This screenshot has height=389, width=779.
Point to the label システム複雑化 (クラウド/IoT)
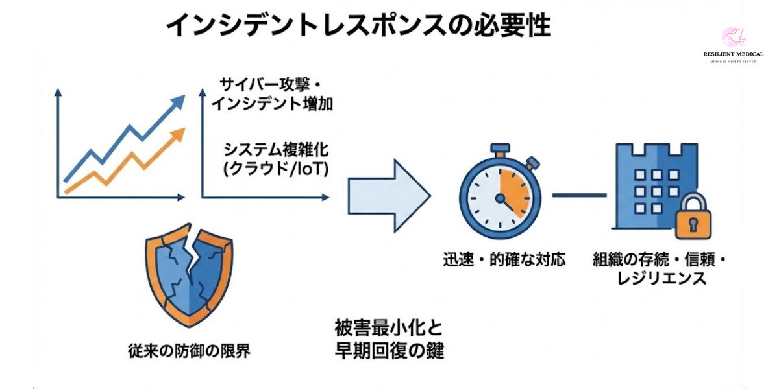coord(277,159)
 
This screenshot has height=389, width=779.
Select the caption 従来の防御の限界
coord(189,351)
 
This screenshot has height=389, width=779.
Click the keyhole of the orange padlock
coord(693,226)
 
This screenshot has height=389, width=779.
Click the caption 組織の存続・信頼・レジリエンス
coord(660,269)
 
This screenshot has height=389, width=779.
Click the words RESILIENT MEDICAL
coord(733,55)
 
